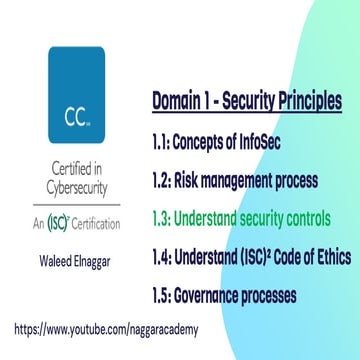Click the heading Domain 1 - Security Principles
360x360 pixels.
(x=247, y=101)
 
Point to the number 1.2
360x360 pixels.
(x=163, y=181)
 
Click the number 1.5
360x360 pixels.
(x=163, y=296)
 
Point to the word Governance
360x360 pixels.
(x=212, y=296)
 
